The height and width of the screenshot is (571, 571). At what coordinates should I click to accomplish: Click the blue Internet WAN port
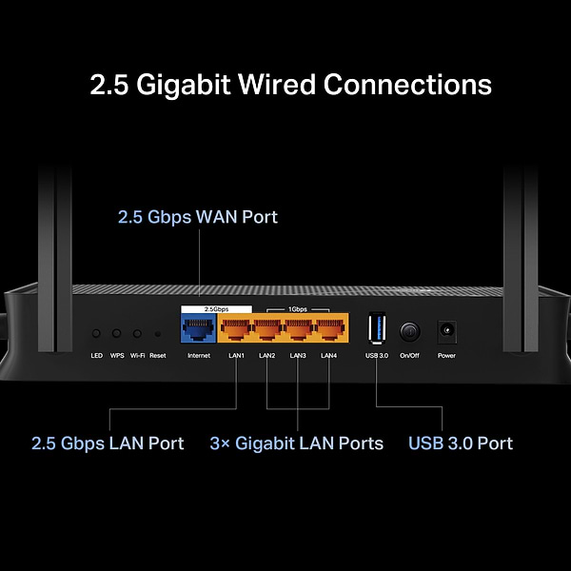[x=199, y=330]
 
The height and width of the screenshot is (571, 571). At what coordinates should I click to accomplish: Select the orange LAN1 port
[x=236, y=330]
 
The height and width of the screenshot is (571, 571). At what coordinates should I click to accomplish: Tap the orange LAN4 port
[x=329, y=330]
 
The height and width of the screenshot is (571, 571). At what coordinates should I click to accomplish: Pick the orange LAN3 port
[x=298, y=330]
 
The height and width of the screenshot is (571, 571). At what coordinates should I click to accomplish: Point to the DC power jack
[x=445, y=331]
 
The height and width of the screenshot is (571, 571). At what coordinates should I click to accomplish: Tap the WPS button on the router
[x=117, y=334]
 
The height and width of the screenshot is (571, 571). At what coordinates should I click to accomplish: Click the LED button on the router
[x=96, y=334]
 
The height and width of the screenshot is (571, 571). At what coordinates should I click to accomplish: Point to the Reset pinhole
[x=157, y=334]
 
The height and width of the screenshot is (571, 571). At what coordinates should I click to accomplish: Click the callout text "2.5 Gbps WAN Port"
[x=198, y=217]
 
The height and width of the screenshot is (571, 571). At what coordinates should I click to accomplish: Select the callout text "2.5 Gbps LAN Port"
[x=108, y=443]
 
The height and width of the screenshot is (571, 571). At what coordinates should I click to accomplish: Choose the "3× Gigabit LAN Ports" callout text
[x=297, y=443]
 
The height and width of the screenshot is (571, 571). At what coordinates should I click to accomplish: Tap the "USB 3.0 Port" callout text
[x=461, y=443]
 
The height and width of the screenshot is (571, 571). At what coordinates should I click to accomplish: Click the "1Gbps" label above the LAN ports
[x=297, y=309]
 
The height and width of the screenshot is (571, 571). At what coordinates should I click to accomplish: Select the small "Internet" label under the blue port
[x=199, y=356]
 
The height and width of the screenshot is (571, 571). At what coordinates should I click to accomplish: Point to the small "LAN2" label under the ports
[x=267, y=356]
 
